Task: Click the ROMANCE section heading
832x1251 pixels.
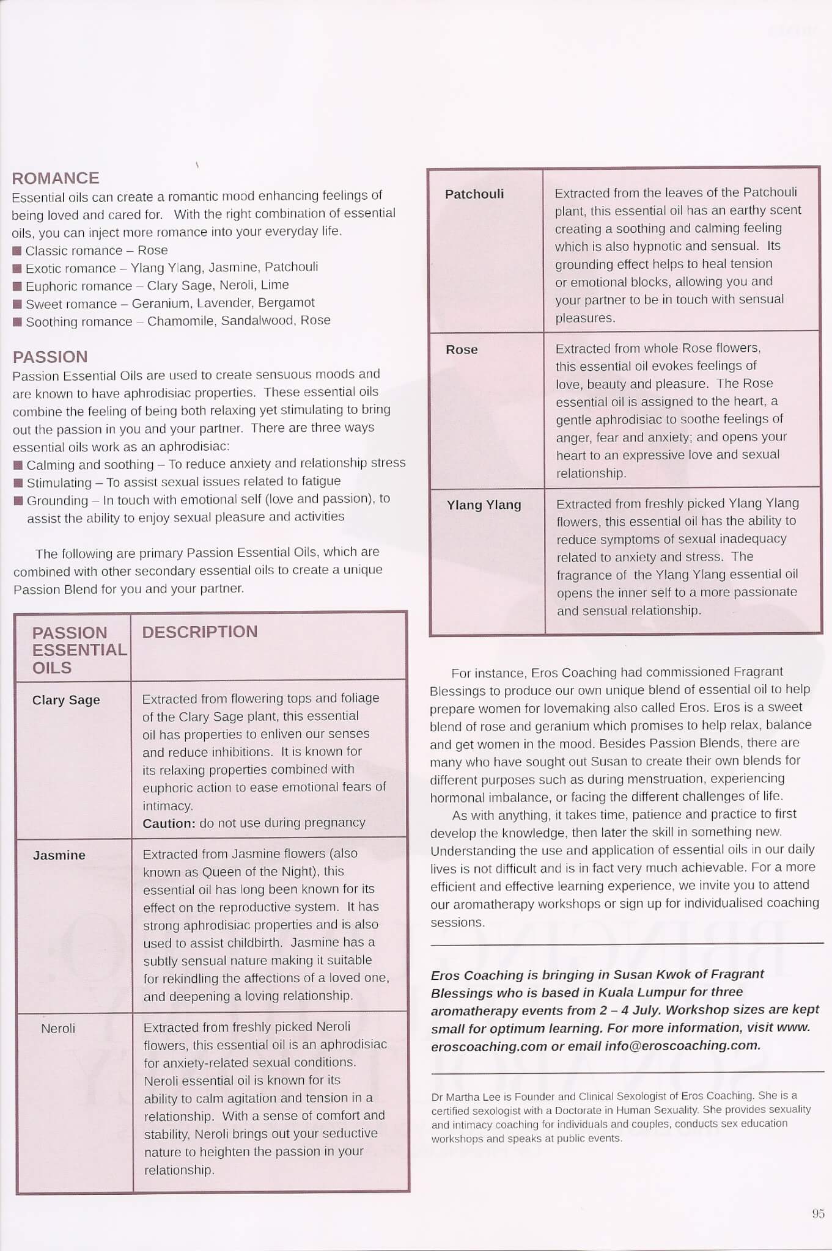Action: tap(56, 178)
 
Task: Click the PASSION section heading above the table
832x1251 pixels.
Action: tap(50, 357)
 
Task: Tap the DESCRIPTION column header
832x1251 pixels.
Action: tap(200, 632)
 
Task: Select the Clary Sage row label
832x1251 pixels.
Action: tap(66, 700)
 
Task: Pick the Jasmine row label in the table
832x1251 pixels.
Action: tap(59, 855)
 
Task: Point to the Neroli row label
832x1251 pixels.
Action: tap(58, 1029)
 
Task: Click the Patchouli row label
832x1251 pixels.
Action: tap(474, 194)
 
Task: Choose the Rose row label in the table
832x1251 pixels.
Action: tap(462, 349)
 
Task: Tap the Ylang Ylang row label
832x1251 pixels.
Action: tap(484, 505)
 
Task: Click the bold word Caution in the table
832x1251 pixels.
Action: tap(169, 823)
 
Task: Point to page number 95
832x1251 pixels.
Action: tap(819, 1214)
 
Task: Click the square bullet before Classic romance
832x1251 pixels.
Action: tap(17, 250)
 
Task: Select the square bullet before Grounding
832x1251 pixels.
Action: tap(18, 501)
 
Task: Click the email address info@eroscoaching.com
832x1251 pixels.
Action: tap(682, 1045)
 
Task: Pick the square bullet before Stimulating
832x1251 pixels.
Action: tap(18, 483)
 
